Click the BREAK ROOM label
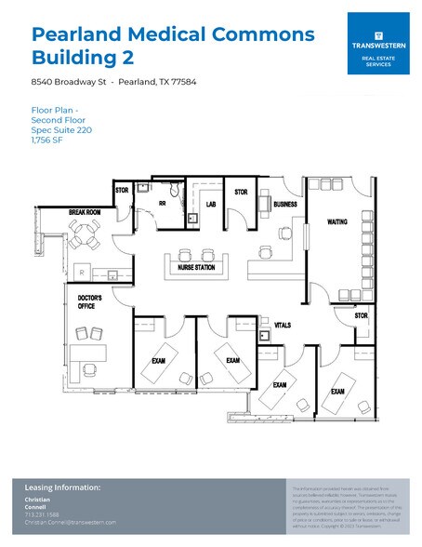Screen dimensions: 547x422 [85, 213]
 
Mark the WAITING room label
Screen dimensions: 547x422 [337, 222]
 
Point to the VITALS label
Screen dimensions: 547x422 [284, 326]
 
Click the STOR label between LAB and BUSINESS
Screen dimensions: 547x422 [241, 193]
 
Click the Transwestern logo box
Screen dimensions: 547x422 [377, 44]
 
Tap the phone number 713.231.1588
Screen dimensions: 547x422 [42, 514]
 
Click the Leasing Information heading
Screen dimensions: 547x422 [63, 487]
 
